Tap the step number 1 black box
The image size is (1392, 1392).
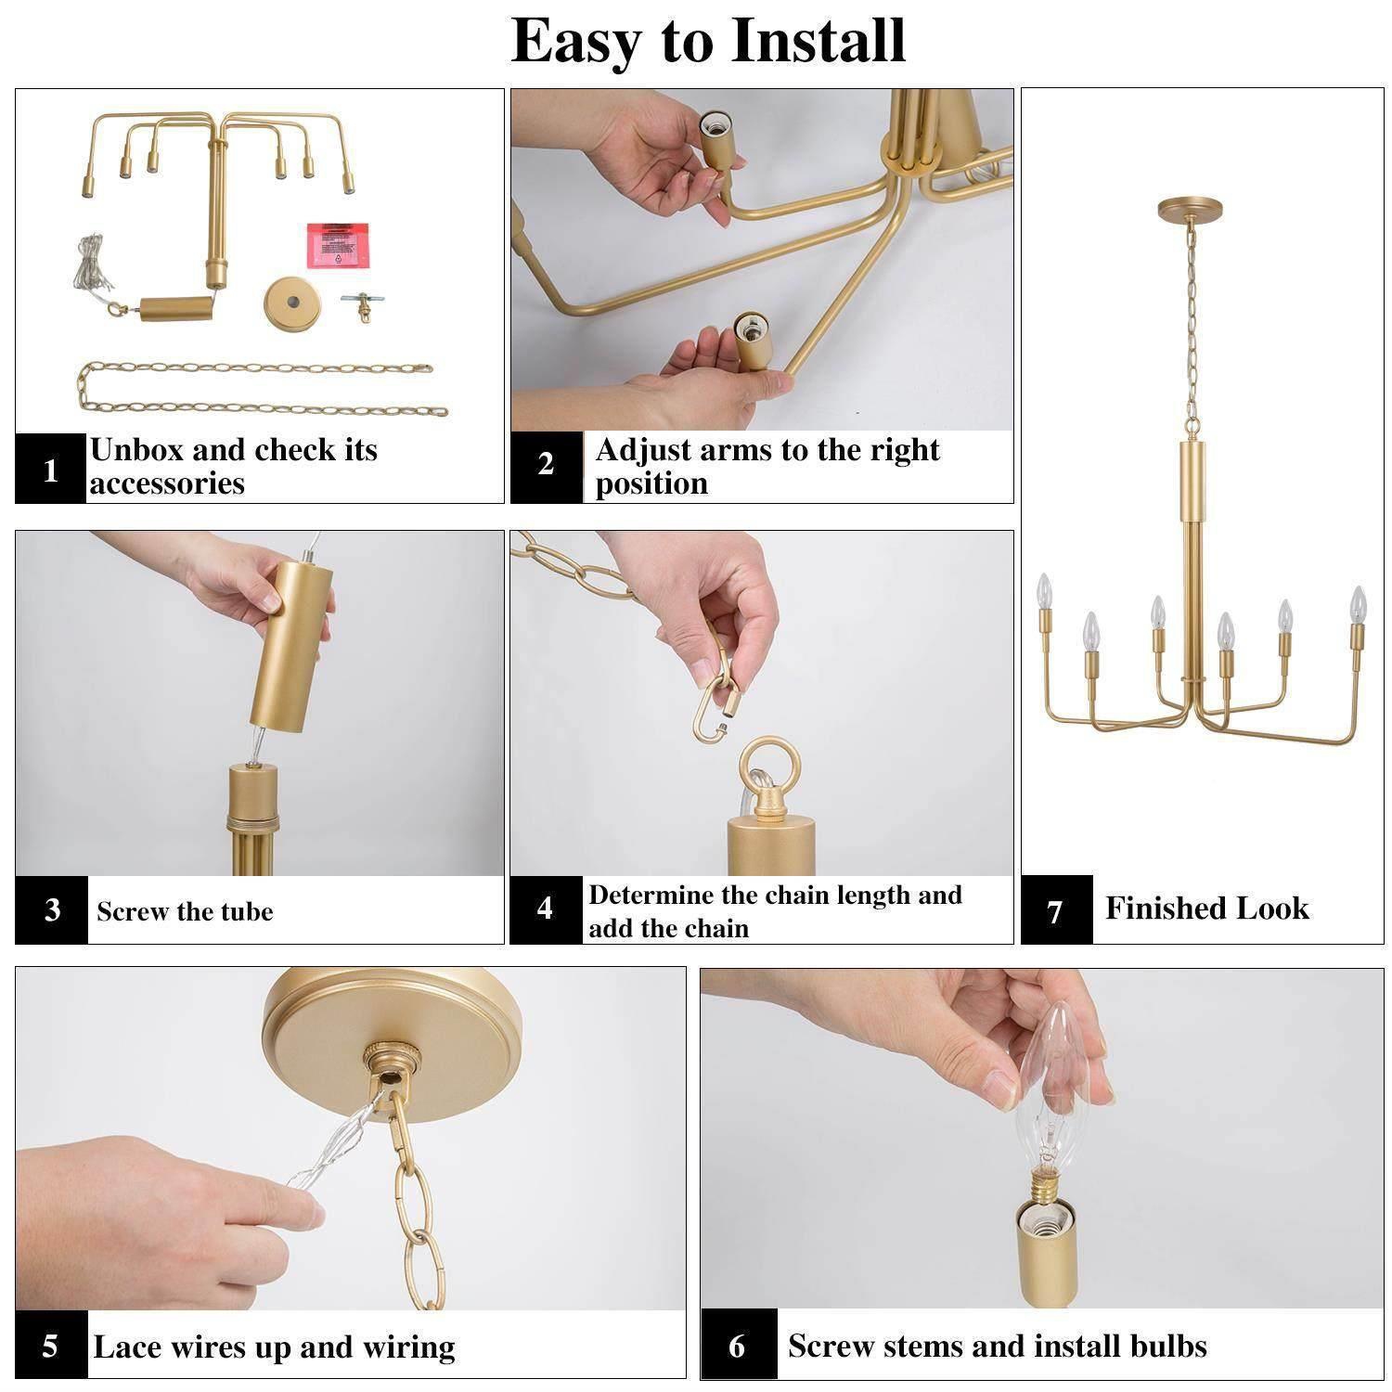[x=51, y=470]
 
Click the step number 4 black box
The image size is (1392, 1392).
[x=545, y=909]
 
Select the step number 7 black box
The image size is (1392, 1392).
[x=1056, y=910]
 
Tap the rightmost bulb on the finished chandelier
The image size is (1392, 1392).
[x=1358, y=603]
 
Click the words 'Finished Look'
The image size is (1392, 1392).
[x=1206, y=909]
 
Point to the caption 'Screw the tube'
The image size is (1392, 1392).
[x=185, y=911]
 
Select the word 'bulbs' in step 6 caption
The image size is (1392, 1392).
[x=1165, y=1346]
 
